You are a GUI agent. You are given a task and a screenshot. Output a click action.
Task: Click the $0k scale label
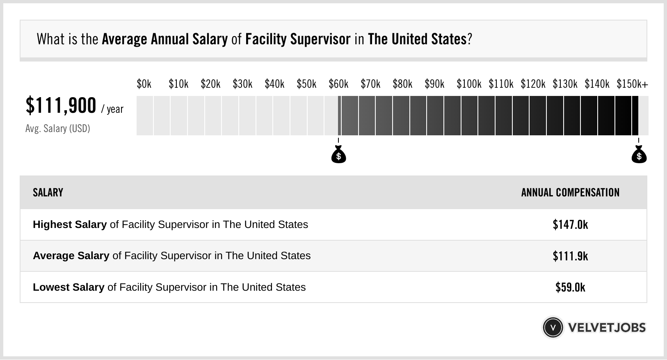(144, 84)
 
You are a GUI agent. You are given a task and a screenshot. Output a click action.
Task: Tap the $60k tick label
(338, 84)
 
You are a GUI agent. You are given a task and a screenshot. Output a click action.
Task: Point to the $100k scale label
(469, 84)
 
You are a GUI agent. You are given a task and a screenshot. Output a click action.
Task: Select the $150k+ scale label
(632, 84)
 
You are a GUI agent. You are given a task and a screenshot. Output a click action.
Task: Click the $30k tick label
(242, 84)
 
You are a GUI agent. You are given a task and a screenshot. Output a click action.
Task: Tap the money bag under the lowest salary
(338, 155)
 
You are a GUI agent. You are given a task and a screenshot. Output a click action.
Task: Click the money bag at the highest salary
(639, 155)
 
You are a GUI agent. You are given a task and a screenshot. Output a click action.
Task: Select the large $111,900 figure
(61, 105)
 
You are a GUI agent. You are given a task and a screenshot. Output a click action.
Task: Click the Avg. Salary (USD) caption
(57, 129)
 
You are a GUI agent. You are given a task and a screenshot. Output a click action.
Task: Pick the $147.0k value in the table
(570, 224)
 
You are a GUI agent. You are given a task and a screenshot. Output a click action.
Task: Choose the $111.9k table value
(570, 256)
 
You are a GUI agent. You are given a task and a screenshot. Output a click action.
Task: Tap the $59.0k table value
(570, 287)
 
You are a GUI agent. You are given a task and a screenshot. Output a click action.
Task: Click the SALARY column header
(48, 193)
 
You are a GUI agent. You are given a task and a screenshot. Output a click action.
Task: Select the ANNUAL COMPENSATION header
(570, 193)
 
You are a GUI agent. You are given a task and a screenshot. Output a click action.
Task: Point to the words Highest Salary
(70, 225)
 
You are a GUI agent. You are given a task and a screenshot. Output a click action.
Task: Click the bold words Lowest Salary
(69, 287)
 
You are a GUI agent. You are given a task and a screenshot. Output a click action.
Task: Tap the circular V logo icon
(553, 328)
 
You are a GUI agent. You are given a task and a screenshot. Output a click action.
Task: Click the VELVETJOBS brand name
(607, 328)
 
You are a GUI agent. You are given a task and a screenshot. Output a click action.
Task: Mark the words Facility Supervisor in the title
(298, 39)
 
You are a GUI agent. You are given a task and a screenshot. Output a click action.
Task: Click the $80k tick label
(402, 84)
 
